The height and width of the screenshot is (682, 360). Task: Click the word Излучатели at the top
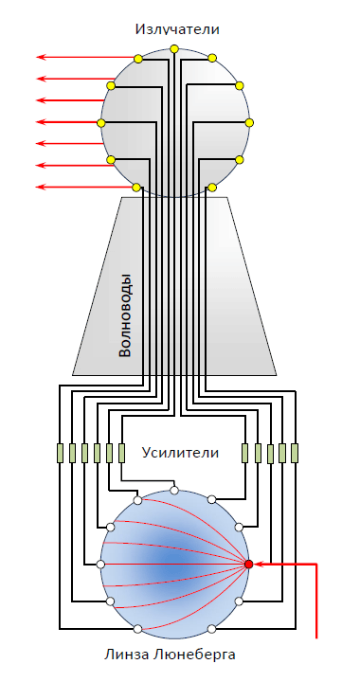(177, 29)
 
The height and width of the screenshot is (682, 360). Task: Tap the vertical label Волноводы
(125, 315)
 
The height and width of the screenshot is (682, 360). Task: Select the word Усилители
(180, 453)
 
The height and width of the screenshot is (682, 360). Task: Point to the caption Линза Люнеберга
(170, 655)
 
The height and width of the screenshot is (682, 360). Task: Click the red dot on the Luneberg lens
(249, 565)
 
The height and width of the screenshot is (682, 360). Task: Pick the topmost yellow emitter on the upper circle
(174, 48)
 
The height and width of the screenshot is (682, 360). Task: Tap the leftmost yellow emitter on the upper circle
(100, 123)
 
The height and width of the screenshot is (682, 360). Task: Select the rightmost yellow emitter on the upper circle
(249, 122)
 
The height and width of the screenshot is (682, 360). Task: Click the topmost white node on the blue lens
(174, 491)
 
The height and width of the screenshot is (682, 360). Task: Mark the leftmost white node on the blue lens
(100, 565)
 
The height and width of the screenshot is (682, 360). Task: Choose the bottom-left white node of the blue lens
(137, 629)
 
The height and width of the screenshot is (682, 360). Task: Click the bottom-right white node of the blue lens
(212, 629)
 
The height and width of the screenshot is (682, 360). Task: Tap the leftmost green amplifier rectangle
(60, 453)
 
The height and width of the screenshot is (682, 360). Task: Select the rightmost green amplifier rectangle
(295, 453)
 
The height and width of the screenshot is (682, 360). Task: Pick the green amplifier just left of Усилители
(122, 453)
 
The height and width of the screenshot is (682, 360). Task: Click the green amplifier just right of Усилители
(245, 453)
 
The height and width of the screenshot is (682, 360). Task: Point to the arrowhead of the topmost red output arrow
(41, 57)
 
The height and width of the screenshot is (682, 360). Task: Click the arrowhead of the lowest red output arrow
(41, 187)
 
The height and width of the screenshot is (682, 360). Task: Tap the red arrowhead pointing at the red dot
(258, 565)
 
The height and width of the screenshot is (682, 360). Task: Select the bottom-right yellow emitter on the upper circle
(212, 188)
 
